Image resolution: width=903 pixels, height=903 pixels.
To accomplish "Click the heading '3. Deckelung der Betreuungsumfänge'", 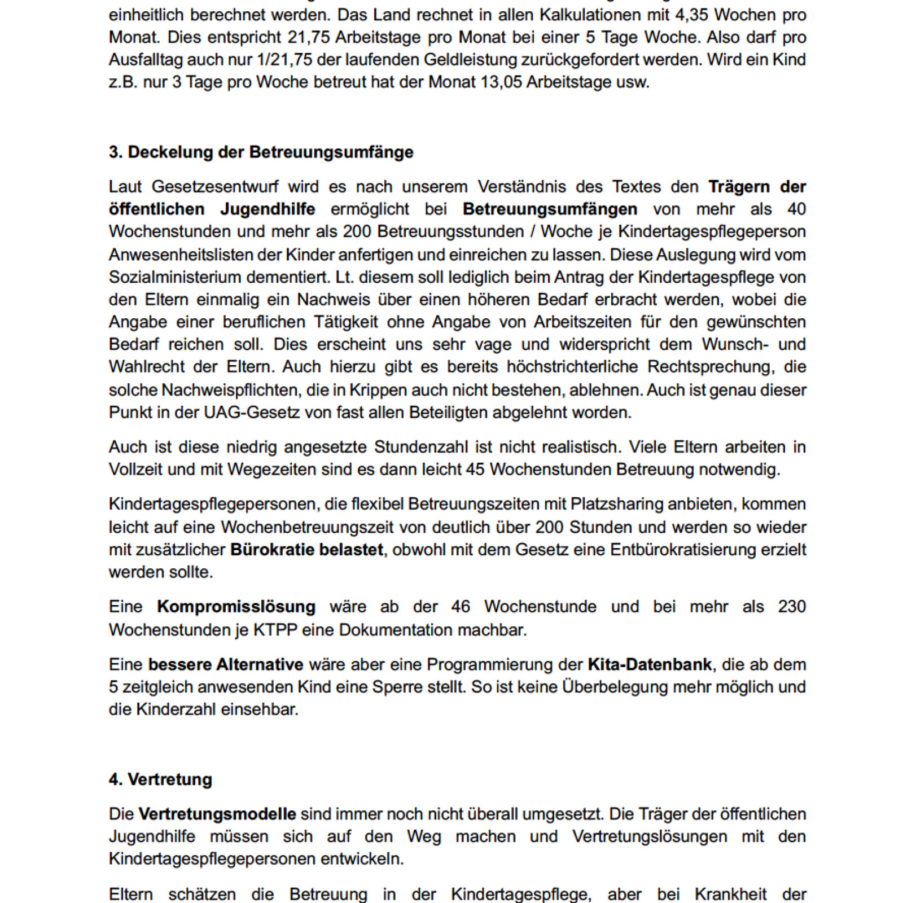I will click(x=261, y=152).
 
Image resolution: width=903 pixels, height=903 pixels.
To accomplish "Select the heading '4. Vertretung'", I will click(x=160, y=779).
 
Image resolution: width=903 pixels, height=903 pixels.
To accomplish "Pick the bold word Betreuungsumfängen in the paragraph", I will click(x=550, y=209).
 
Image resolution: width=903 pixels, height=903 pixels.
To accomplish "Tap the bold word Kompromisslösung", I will click(x=236, y=607).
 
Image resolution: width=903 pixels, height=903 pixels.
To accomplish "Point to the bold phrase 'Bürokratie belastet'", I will click(x=306, y=550).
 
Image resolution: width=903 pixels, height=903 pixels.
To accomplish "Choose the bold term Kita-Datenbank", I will click(x=650, y=664).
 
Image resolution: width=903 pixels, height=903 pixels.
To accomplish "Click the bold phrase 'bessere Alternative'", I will click(x=226, y=664).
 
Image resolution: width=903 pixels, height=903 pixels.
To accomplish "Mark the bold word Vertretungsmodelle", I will click(x=217, y=814).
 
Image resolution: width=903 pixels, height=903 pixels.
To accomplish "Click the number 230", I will click(x=791, y=607).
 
